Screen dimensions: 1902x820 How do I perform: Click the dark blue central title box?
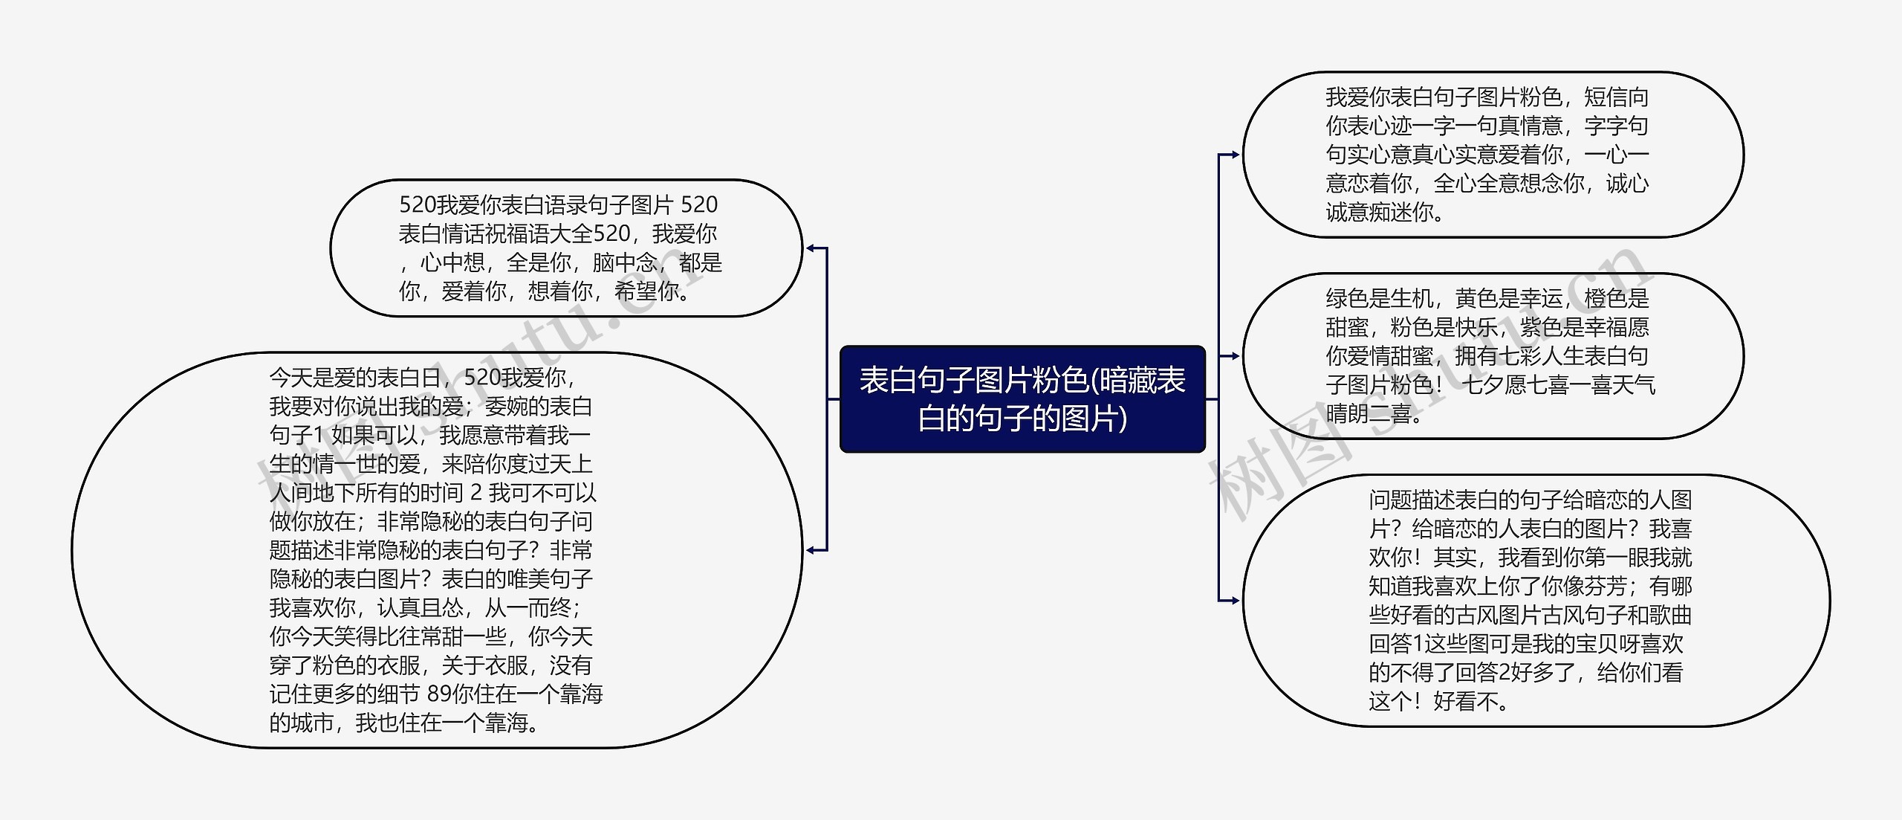pos(1022,399)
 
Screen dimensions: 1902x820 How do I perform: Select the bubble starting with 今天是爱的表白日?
pos(436,550)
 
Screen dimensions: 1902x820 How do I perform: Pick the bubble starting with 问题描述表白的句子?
pos(1535,600)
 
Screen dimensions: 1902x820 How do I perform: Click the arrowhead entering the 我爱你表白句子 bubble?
pos(1233,155)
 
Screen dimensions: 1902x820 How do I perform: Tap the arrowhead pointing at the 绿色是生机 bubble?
pos(1233,356)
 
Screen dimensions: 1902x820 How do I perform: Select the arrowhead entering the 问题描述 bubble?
pos(1233,600)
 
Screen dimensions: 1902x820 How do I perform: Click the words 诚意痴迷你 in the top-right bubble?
pos(1380,213)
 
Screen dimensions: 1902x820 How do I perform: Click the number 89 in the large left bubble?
pos(439,694)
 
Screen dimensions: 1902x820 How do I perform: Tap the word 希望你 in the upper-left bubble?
pos(646,291)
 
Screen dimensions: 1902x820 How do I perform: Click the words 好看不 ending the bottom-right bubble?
pos(1465,701)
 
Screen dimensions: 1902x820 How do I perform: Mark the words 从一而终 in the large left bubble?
pos(528,608)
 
